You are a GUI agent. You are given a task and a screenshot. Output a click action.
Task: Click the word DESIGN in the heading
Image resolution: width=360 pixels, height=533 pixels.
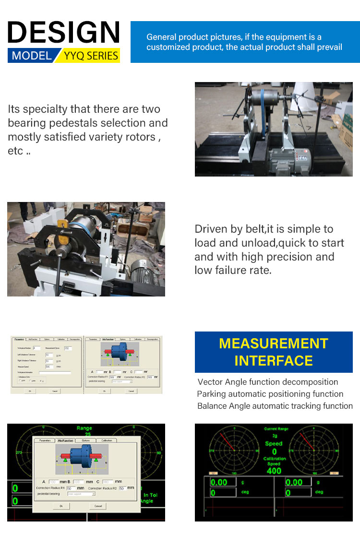tap(63, 33)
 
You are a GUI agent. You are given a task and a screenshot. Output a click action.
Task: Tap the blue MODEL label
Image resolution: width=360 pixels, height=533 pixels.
tap(32, 56)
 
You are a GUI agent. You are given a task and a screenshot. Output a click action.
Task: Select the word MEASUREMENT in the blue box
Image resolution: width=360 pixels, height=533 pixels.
tap(274, 343)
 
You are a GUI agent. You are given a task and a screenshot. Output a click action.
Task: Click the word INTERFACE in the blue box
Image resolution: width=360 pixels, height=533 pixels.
tap(274, 361)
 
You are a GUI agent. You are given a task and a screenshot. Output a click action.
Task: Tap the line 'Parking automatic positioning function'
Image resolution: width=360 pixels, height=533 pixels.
tap(270, 394)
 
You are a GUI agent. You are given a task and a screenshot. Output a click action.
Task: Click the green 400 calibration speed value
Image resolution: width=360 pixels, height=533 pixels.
tap(274, 471)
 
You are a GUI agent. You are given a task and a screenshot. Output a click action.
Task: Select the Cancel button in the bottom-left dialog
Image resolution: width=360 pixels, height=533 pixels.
tap(98, 506)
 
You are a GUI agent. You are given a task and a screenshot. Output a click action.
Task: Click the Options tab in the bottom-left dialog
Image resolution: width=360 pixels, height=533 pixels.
tap(85, 440)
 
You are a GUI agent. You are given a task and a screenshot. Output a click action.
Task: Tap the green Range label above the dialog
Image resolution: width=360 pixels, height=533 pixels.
tap(84, 428)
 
